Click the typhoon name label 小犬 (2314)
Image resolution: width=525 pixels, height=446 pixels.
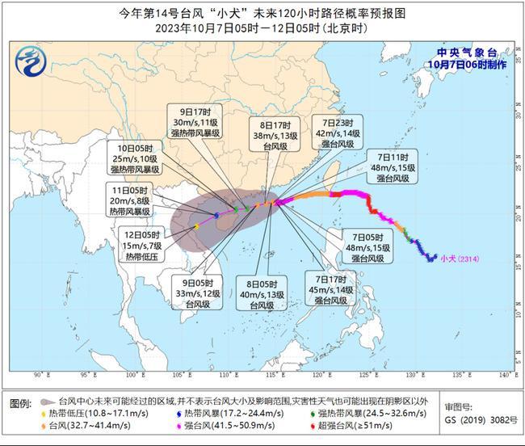click(460, 259)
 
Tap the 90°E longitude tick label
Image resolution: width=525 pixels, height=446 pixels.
click(38, 375)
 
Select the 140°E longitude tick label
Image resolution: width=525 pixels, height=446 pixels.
click(507, 375)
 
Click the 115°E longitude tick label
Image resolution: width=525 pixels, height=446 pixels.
click(272, 375)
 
